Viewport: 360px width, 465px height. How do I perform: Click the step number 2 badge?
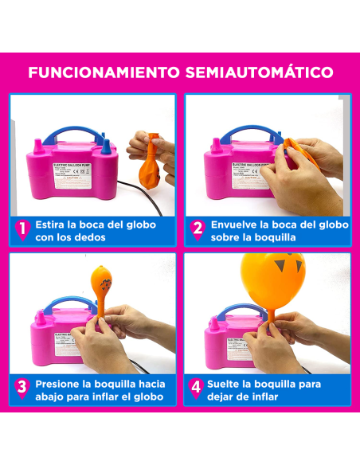coord(198,229)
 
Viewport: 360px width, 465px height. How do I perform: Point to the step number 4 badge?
coord(198,389)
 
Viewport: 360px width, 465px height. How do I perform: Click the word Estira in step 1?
coord(54,224)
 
